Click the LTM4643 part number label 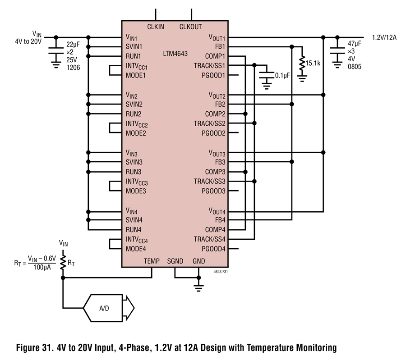tap(175, 54)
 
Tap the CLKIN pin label tap(156, 27)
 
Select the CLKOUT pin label tap(190, 27)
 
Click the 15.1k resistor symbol tap(302, 63)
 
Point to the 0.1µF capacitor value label tap(282, 76)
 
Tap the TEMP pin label tap(152, 261)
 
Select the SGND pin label tap(175, 261)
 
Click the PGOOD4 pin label tap(214, 249)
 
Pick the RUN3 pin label tap(134, 172)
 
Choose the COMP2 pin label tap(215, 114)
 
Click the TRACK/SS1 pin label tap(209, 66)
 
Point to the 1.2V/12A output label tap(384, 37)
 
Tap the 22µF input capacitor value tap(73, 45)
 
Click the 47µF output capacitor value tap(355, 43)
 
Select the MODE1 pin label tap(136, 76)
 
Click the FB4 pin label tap(220, 220)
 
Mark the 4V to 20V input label tap(28, 41)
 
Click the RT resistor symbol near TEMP tap(63, 263)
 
